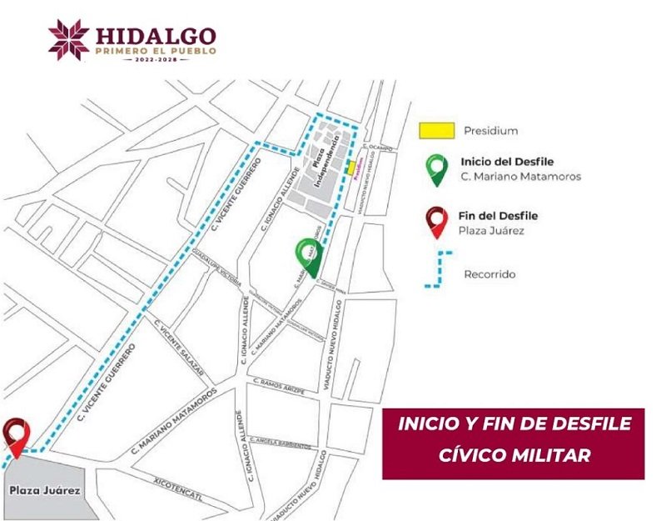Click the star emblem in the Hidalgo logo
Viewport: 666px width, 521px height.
pos(68,39)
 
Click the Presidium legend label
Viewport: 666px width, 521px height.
pos(491,131)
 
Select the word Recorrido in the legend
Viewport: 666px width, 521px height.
pos(490,274)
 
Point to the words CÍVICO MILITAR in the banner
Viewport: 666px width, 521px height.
pos(514,455)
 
